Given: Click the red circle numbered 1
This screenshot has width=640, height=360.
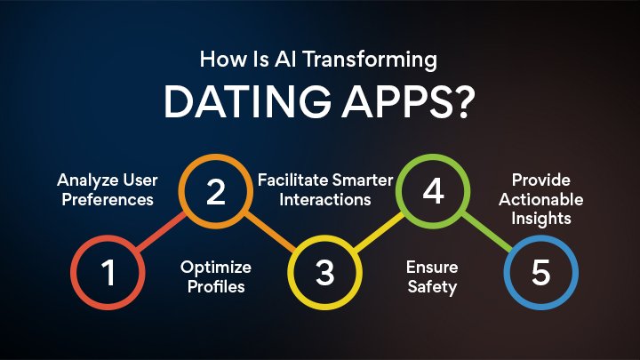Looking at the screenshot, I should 108,272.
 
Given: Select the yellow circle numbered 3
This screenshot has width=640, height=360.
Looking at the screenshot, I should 324,272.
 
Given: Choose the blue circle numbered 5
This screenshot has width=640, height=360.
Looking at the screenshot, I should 540,272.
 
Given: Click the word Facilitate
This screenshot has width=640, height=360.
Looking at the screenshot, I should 291,180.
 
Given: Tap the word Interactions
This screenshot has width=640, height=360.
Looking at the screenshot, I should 324,200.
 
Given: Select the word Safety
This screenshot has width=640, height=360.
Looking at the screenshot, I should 433,287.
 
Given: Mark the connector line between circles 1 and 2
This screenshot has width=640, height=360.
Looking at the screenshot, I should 162,232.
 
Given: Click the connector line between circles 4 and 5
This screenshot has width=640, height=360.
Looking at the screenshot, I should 487,232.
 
